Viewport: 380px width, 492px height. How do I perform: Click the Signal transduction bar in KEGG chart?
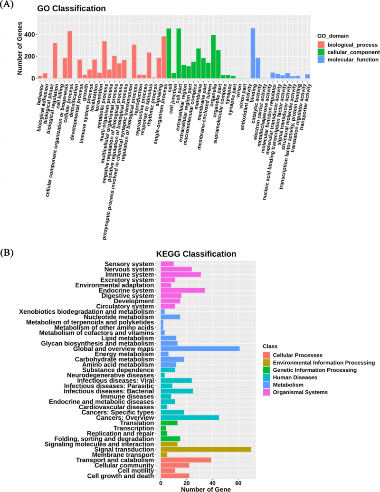click(206, 449)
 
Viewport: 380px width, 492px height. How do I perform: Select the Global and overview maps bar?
click(200, 348)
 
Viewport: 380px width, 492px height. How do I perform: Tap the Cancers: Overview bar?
click(190, 417)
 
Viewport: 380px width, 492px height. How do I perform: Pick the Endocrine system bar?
click(182, 290)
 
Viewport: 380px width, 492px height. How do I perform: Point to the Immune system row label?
click(130, 274)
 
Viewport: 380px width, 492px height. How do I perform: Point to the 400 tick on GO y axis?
click(28, 35)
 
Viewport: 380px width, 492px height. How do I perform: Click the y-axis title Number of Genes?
click(20, 47)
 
